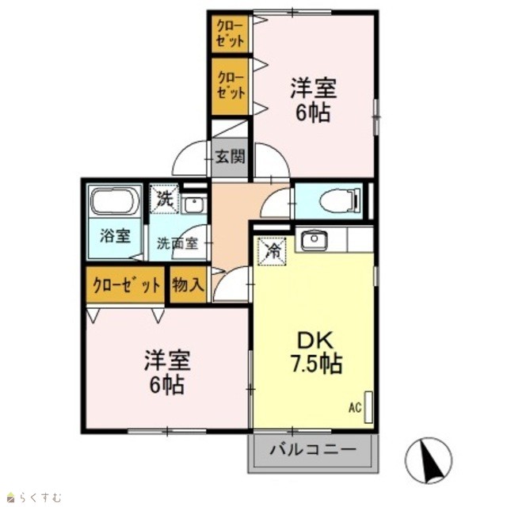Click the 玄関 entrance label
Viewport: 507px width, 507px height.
tap(230, 157)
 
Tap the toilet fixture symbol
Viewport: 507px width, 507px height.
tap(340, 201)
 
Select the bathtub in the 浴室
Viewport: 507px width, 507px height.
tap(114, 200)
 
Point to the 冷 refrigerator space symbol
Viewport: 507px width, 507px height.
tap(272, 251)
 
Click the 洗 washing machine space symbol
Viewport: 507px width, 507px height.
tap(164, 199)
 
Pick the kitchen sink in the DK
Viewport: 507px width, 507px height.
tap(314, 240)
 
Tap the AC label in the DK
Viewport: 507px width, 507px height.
tap(355, 408)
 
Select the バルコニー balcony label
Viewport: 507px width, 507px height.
tap(313, 450)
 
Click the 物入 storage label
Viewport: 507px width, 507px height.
tap(188, 285)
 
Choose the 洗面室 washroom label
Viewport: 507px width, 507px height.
tap(177, 243)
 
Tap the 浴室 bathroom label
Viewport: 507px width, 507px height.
tap(115, 236)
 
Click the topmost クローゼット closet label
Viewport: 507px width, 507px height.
tap(230, 34)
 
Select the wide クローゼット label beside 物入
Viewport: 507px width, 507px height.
tap(126, 285)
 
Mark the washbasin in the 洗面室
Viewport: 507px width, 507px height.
tap(193, 204)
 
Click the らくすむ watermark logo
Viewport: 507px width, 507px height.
tap(35, 497)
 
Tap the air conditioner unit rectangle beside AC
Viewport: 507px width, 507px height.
tap(368, 407)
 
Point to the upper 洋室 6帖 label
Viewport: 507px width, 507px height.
tap(313, 100)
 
